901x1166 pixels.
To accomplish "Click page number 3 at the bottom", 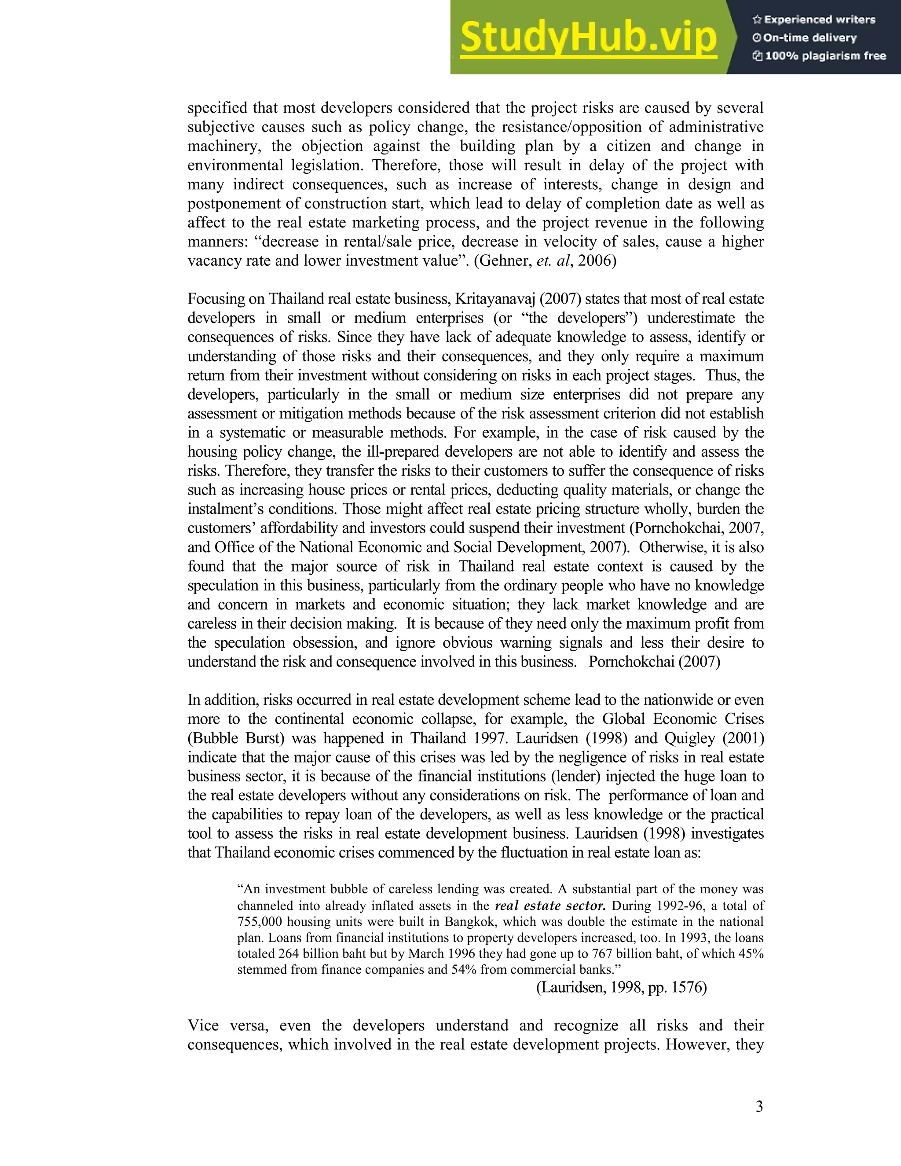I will coord(759,1107).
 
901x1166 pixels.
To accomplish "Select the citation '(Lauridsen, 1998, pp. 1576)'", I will coord(621,988).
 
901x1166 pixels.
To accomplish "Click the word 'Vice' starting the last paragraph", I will coord(202,1026).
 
